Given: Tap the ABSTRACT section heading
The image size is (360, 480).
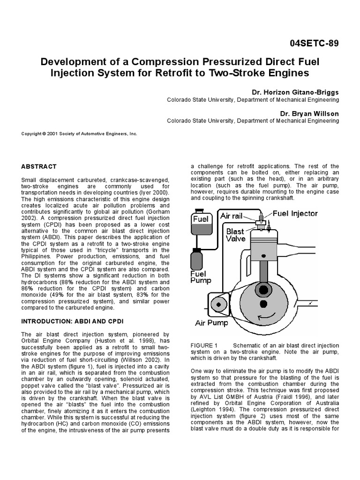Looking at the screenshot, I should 39,166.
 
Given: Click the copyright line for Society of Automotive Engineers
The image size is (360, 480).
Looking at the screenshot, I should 79,134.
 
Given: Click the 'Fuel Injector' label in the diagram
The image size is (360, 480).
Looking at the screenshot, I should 295,214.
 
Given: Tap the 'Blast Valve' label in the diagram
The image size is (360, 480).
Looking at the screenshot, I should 235,235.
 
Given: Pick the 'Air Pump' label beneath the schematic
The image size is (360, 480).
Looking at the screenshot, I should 212,323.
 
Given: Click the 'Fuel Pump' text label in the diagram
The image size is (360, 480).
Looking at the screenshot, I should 201,277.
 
